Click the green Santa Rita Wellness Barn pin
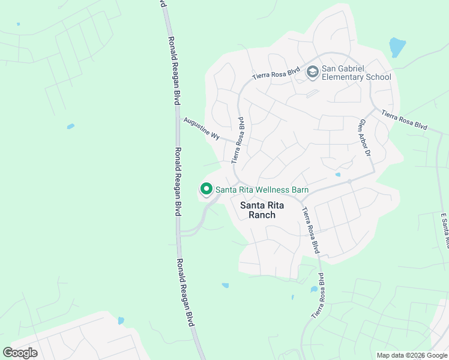(x=206, y=190)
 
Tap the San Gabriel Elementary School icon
(x=312, y=72)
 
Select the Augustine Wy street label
(x=202, y=128)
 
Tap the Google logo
(x=20, y=353)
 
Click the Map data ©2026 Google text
(x=412, y=355)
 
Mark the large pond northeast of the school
(x=397, y=47)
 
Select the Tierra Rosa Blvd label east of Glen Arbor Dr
(x=404, y=119)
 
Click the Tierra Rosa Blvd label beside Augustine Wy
(x=238, y=140)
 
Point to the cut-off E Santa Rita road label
(x=445, y=230)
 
